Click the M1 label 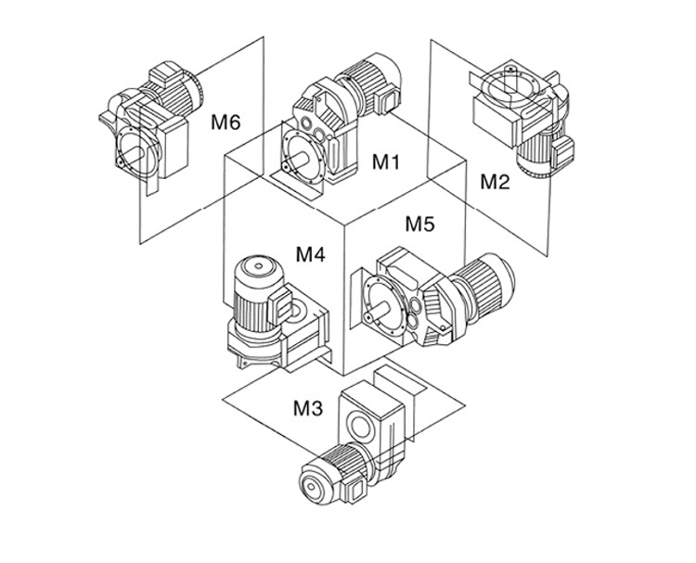pyautogui.click(x=385, y=161)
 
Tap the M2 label pyautogui.click(x=495, y=182)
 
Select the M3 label pyautogui.click(x=309, y=407)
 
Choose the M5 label pyautogui.click(x=420, y=224)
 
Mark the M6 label pyautogui.click(x=226, y=122)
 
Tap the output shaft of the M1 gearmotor pyautogui.click(x=294, y=159)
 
